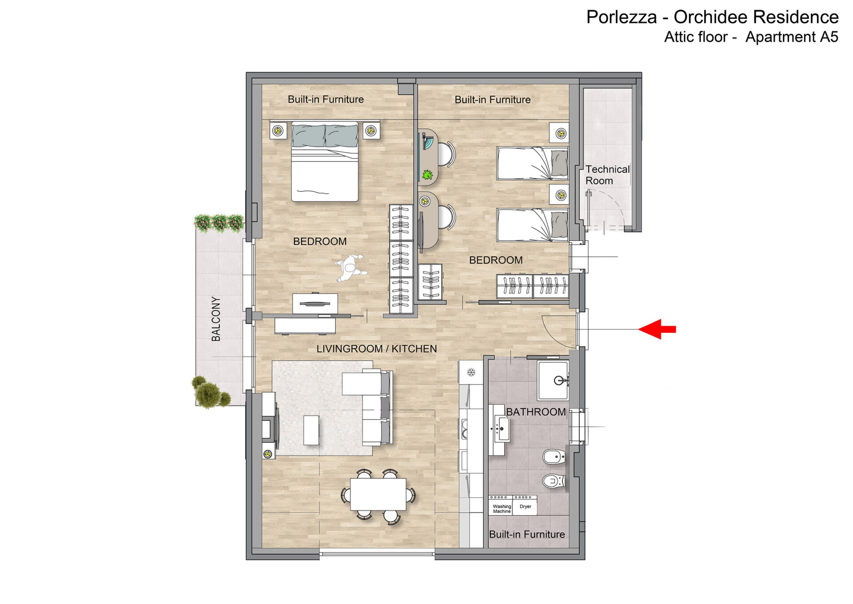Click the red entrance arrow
(657, 329)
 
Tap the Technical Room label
(607, 175)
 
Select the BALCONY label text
(216, 319)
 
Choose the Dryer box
(525, 505)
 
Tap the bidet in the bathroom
(554, 457)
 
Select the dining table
(378, 494)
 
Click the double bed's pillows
(325, 136)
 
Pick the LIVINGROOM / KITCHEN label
(377, 349)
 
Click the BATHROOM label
(536, 412)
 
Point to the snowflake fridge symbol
(471, 372)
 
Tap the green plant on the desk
(428, 174)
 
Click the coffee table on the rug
(311, 430)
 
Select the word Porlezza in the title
(622, 17)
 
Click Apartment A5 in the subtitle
(792, 37)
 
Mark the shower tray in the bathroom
(553, 381)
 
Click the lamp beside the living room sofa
(267, 454)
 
